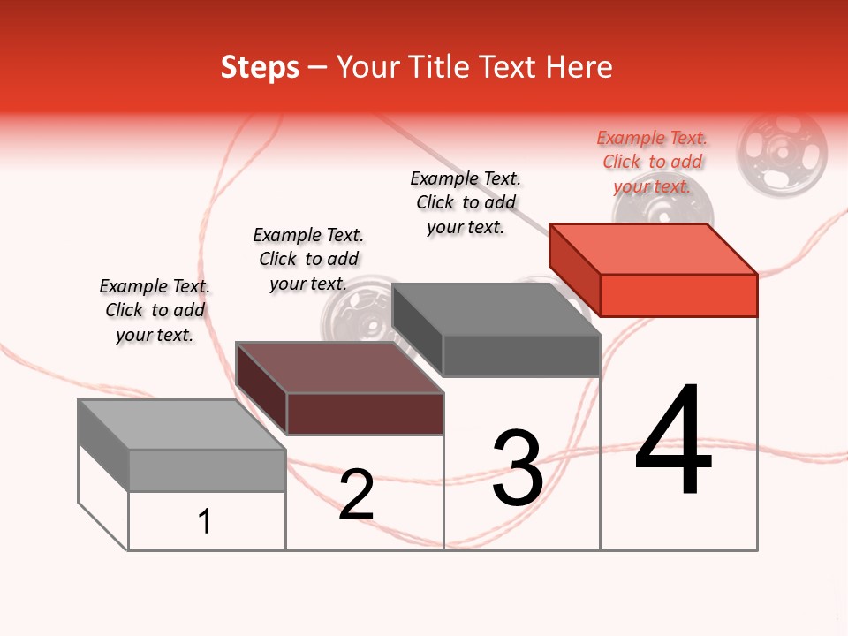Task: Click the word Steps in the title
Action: click(260, 67)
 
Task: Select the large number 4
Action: click(673, 441)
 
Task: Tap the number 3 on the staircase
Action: click(517, 468)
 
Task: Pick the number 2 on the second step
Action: click(356, 495)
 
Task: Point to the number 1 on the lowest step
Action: click(205, 522)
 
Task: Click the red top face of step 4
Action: click(652, 248)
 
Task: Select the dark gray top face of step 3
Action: click(495, 309)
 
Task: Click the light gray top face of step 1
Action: click(181, 425)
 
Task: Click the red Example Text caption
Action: click(652, 162)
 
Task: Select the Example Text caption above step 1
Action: click(155, 310)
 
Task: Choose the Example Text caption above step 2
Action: click(308, 259)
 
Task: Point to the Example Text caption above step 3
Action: click(466, 202)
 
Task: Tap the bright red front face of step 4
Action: click(678, 295)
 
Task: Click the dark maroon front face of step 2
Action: click(365, 413)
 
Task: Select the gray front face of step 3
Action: click(521, 356)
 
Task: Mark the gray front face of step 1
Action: click(207, 470)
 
